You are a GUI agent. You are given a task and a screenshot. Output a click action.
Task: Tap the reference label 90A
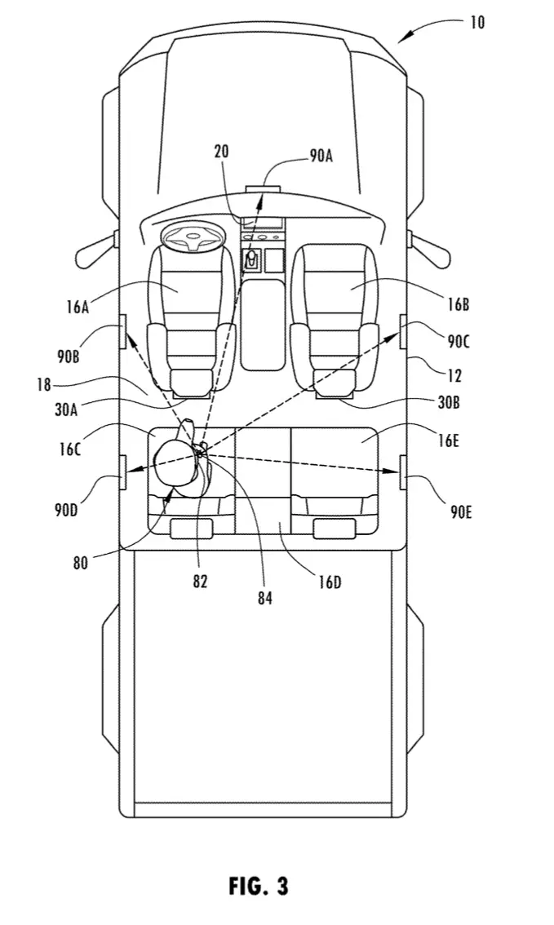(x=321, y=156)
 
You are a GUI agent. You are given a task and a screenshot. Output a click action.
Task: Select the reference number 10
(x=477, y=22)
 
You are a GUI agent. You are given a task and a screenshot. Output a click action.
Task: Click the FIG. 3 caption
(x=259, y=886)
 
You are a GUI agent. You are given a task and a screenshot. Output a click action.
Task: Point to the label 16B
(x=458, y=304)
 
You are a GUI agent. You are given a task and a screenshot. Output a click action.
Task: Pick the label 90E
(x=461, y=512)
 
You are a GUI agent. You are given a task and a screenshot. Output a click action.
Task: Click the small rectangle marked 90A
(x=262, y=188)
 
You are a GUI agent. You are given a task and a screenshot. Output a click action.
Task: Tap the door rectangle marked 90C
(x=403, y=331)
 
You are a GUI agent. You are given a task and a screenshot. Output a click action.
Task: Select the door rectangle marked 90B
(x=123, y=331)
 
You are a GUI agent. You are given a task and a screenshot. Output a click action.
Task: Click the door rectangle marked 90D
(x=123, y=472)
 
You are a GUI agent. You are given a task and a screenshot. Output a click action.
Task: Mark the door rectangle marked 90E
(x=403, y=472)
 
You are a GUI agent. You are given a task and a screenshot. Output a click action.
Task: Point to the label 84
(x=265, y=598)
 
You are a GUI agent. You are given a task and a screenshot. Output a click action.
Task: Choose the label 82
(x=200, y=581)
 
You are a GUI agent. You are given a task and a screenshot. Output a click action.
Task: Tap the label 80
(x=81, y=563)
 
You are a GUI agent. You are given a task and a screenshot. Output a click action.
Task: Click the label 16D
(x=330, y=583)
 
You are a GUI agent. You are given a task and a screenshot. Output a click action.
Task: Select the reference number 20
(x=221, y=152)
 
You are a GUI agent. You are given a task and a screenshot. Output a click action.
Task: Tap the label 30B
(x=449, y=403)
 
